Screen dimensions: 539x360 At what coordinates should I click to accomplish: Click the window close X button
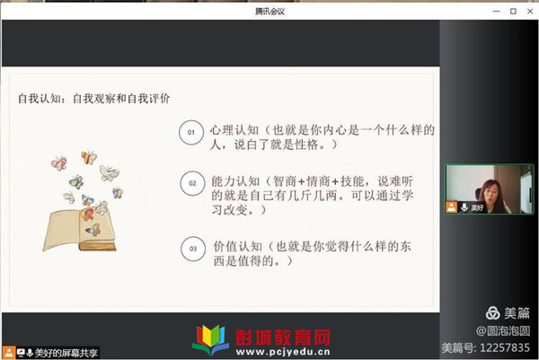point(530,12)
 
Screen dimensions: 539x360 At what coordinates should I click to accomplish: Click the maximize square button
point(513,12)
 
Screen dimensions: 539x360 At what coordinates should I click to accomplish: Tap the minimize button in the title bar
point(497,12)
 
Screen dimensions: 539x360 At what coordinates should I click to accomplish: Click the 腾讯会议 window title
point(269,12)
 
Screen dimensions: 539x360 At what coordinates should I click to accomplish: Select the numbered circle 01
point(191,132)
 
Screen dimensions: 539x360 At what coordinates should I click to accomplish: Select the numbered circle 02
point(192,183)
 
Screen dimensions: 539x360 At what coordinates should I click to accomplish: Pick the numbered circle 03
point(193,249)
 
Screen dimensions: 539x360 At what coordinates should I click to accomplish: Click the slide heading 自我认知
point(40,99)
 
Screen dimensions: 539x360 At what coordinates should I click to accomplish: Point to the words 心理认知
point(234,130)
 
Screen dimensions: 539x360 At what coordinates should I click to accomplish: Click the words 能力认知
point(235,181)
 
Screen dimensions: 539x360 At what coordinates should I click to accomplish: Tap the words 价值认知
point(237,247)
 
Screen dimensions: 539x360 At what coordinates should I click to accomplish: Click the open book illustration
point(80,229)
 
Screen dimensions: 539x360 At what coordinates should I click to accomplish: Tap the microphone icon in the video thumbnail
point(464,207)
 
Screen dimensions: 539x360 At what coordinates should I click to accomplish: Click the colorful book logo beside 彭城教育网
point(210,339)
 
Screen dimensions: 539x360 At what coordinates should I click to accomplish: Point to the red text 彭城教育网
point(283,338)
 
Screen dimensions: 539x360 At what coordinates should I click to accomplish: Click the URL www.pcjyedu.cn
point(283,352)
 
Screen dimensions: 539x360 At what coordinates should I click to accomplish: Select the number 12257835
point(505,348)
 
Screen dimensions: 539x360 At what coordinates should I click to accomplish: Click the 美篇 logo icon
point(492,313)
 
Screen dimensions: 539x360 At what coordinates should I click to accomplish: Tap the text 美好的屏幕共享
point(66,353)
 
